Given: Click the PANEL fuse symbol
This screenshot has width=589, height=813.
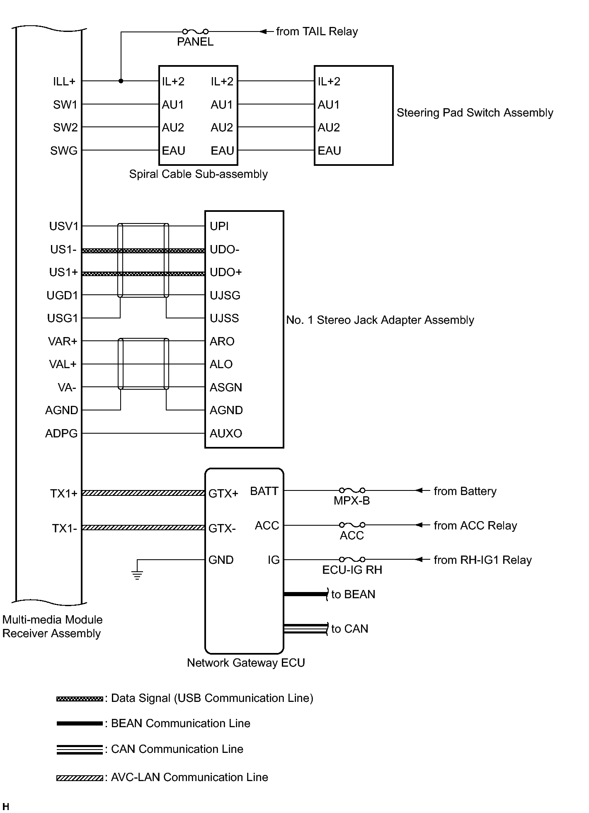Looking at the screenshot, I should pos(195,32).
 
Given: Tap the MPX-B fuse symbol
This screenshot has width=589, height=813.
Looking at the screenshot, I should pos(352,490).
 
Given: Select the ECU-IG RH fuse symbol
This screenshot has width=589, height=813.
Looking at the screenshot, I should pos(352,559).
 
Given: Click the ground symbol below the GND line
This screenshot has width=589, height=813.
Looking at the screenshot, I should pos(137,575).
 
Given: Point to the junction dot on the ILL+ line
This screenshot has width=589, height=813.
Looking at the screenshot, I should pos(121,81).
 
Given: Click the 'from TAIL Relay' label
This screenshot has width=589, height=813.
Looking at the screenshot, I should pos(317,32).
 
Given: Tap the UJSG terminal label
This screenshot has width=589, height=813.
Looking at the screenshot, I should pos(225,296).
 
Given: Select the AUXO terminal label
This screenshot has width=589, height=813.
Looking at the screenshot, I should pos(226,434).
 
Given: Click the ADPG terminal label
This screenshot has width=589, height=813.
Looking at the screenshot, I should pos(61,434).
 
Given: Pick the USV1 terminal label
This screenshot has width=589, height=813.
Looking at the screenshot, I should pos(63,226).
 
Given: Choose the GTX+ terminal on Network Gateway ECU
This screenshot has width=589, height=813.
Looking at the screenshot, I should pos(223,493).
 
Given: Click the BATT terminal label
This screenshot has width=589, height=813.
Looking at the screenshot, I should pos(264,491).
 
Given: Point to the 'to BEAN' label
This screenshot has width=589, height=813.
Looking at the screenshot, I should pos(353,595).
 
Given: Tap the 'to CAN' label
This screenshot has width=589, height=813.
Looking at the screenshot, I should pos(349,629).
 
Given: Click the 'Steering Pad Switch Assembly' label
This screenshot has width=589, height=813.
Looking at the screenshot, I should pos(475,113).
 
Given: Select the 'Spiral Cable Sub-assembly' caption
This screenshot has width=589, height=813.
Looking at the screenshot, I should pos(198,174).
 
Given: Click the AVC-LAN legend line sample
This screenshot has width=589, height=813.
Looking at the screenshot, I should pos(79,778).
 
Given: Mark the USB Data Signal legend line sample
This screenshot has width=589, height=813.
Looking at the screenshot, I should pos(79,699).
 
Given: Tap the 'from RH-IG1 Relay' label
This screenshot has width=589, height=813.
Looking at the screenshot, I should pos(482,560).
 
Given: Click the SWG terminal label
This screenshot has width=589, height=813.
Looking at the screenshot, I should pos(64,151).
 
